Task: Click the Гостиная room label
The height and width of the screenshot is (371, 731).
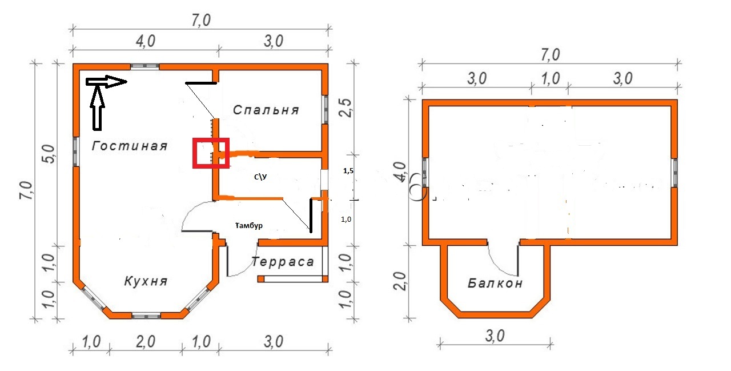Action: [x=130, y=146]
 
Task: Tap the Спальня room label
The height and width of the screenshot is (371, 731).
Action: [x=266, y=110]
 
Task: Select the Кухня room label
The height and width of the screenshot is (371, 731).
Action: [x=146, y=281]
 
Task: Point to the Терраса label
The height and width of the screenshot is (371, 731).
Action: [x=283, y=261]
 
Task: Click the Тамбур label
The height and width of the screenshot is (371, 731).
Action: [x=248, y=225]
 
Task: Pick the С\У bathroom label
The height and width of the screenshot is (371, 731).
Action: [x=260, y=177]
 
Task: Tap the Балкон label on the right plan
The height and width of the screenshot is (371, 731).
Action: [x=495, y=283]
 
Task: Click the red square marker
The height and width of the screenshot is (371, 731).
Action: [x=211, y=153]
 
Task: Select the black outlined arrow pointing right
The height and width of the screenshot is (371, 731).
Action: [x=106, y=81]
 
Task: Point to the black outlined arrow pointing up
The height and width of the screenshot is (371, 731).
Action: [x=97, y=107]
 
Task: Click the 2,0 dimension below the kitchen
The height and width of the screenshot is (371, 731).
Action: [x=146, y=342]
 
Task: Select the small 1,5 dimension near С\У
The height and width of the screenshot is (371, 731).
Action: [x=348, y=170]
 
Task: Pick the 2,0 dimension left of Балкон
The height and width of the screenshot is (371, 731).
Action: [x=400, y=281]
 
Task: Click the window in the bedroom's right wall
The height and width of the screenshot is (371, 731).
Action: [x=326, y=109]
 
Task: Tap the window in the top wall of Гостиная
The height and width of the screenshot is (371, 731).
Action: [x=145, y=67]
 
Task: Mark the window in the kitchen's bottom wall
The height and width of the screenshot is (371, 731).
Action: [x=146, y=316]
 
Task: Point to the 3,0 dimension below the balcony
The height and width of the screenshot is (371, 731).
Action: [x=495, y=336]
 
